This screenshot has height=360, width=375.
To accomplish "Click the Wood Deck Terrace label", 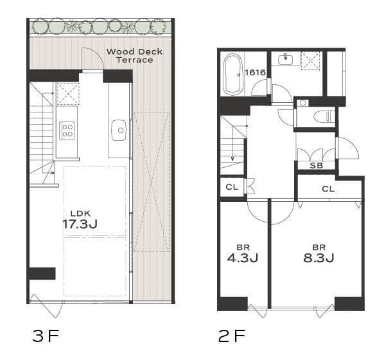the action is [134, 55].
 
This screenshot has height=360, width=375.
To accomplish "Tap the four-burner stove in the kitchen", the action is [67, 130].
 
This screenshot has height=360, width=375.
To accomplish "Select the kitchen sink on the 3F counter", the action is [119, 130].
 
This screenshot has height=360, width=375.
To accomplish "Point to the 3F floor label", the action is [45, 336].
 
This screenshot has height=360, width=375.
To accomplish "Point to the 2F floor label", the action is [232, 336].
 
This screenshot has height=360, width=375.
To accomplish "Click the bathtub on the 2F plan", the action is [233, 75].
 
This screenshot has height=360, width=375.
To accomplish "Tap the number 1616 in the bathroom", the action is [256, 72].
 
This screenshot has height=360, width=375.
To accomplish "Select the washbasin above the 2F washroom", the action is [285, 60].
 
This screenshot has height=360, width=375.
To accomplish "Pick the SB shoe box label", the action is [316, 165].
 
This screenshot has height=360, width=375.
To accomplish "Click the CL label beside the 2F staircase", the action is [232, 187].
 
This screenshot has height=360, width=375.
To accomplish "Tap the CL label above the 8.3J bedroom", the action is [328, 189].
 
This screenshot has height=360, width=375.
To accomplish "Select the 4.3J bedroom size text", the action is [243, 258].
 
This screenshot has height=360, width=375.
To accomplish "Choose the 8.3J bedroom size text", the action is [318, 258].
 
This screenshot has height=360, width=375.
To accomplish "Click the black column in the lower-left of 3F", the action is [42, 273].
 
